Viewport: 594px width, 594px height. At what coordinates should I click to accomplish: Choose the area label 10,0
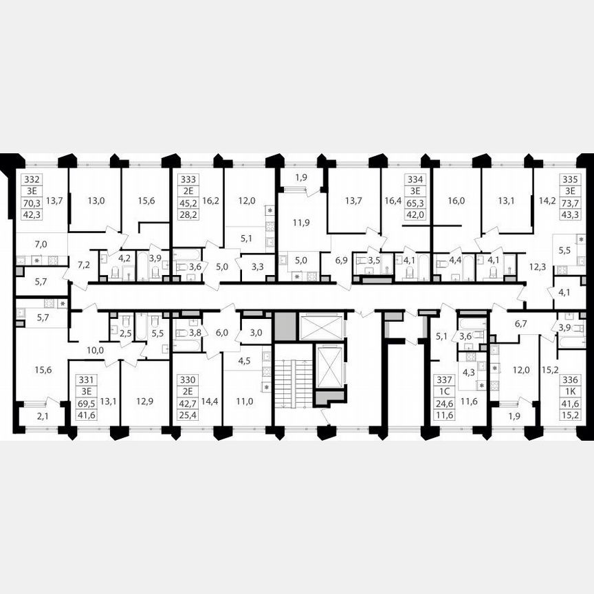point(96,350)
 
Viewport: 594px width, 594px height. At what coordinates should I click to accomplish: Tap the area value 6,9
point(341,261)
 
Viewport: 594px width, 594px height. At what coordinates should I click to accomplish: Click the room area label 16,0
point(456,201)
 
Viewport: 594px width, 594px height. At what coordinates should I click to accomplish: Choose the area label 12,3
point(537,265)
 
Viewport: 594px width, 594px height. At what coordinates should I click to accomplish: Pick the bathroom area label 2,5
point(124,333)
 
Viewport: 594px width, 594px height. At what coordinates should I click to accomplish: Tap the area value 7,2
point(84,264)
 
